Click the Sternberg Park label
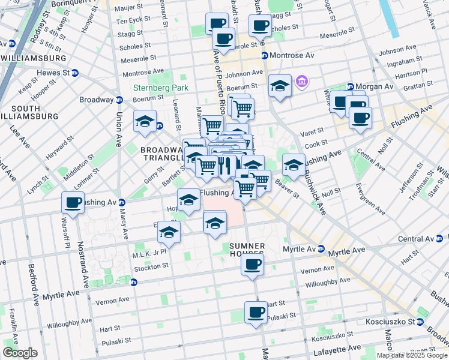click(160, 88)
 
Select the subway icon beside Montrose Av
click(264, 55)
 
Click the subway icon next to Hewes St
click(75, 73)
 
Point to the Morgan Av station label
click(374, 87)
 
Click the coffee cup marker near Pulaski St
click(256, 313)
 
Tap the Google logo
click(20, 353)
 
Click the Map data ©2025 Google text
click(412, 355)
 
